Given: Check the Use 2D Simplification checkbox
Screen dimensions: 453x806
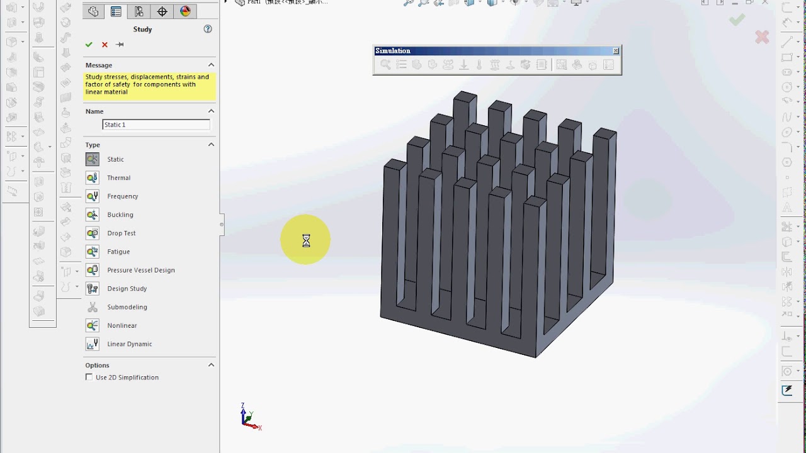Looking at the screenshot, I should [x=89, y=377].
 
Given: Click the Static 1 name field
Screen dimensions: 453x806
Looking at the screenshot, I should [x=156, y=125].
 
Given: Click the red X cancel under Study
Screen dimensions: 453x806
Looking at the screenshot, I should [x=105, y=45].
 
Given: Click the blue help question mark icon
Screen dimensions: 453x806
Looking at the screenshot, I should [x=208, y=29].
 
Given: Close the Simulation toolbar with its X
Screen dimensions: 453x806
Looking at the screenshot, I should [x=616, y=51].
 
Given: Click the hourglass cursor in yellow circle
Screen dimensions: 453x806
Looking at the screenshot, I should [x=306, y=240].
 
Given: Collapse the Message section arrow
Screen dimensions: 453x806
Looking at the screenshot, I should [x=211, y=65].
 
